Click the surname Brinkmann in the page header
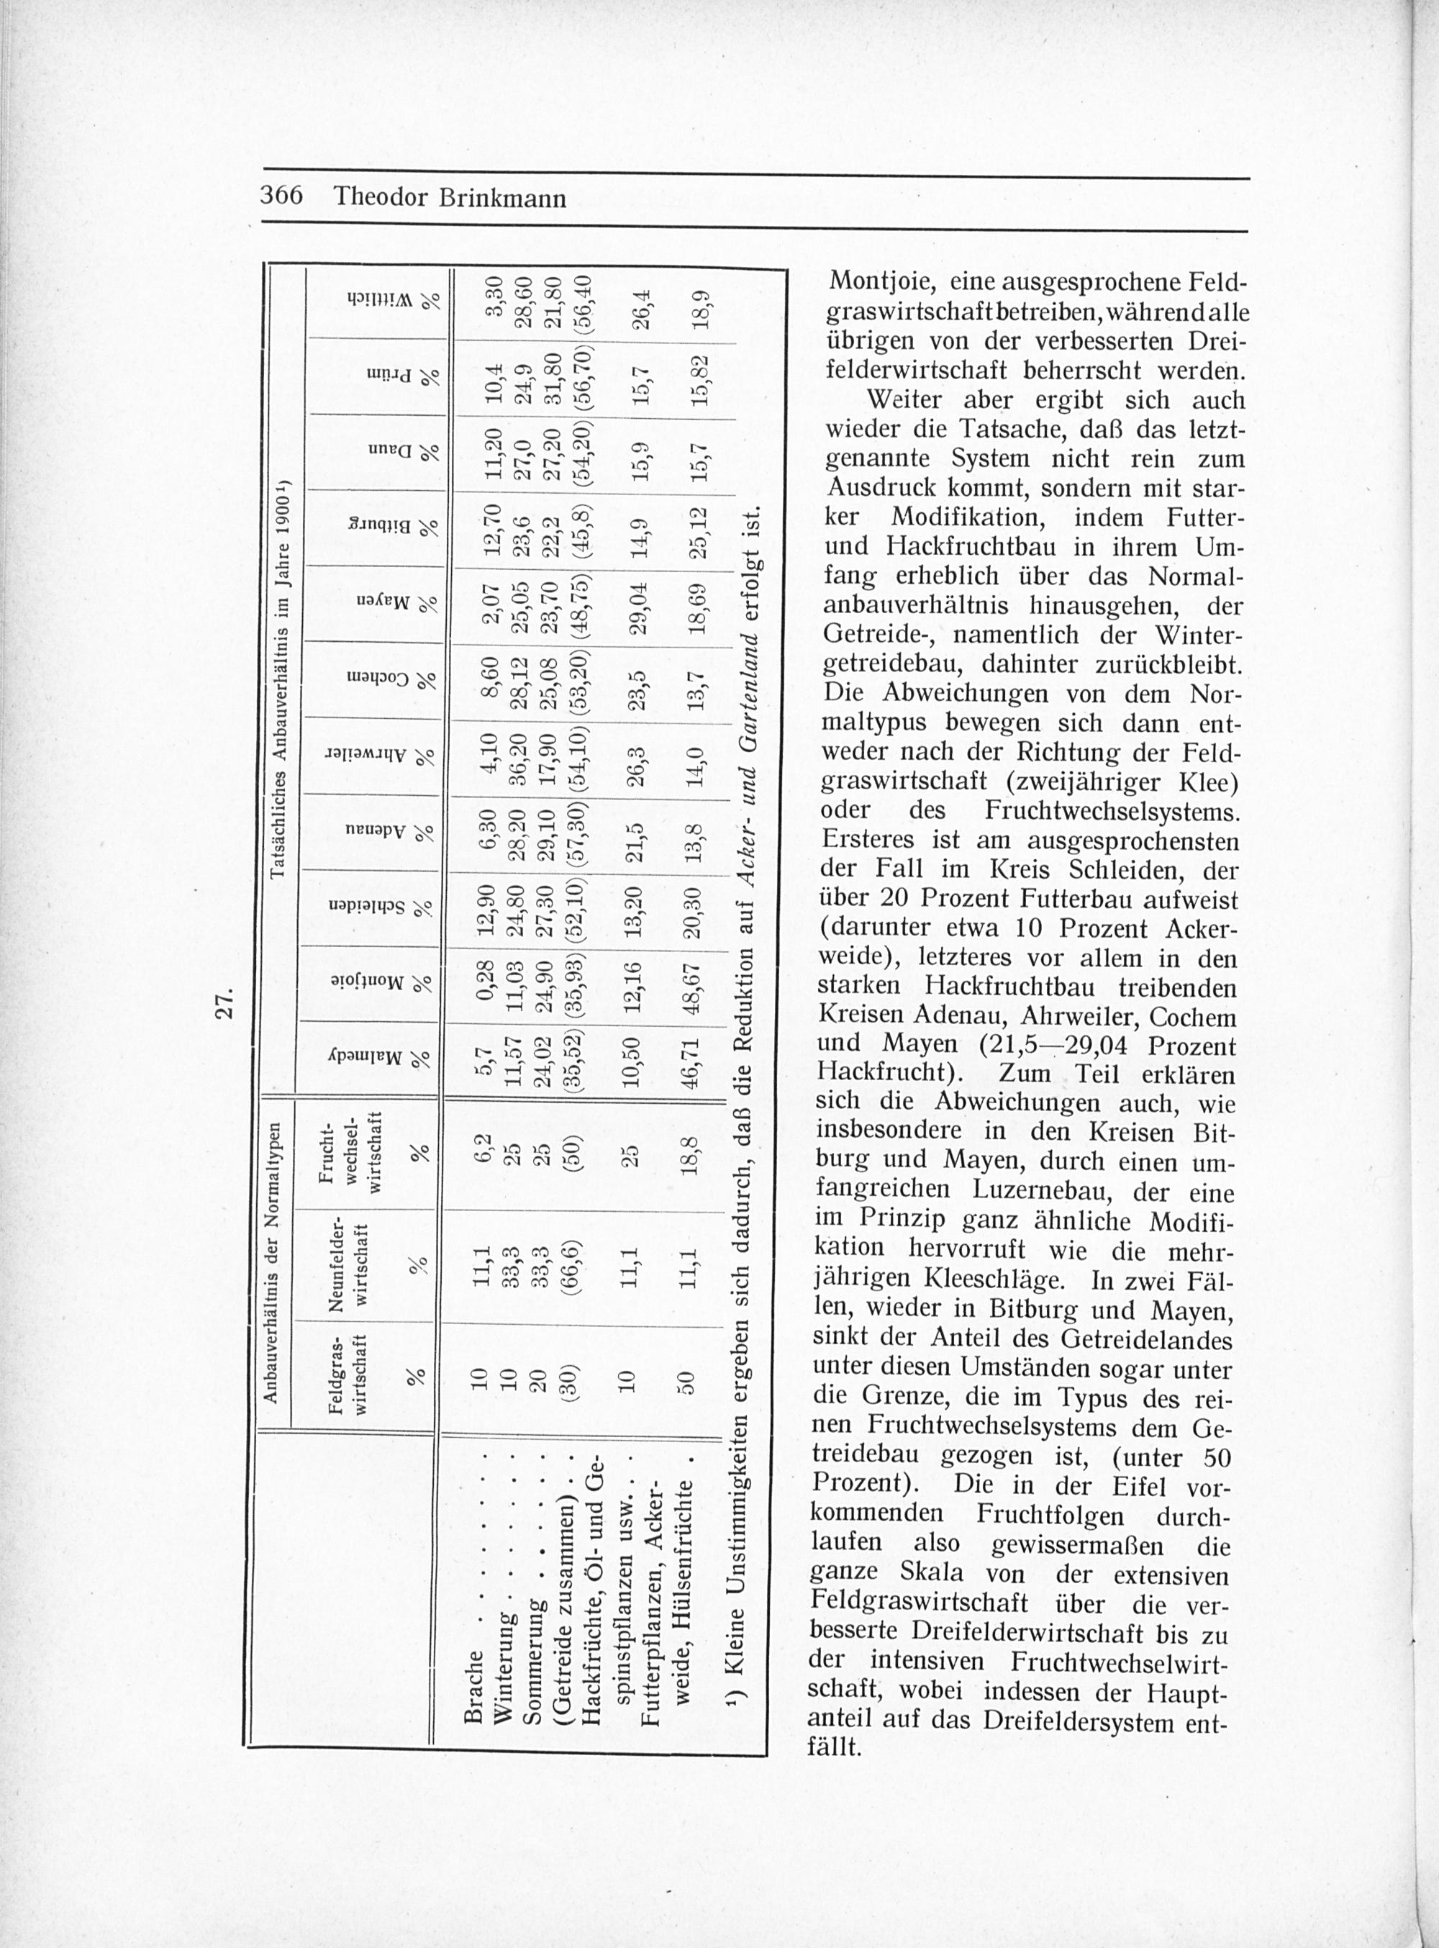[503, 199]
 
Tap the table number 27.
[227, 1001]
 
